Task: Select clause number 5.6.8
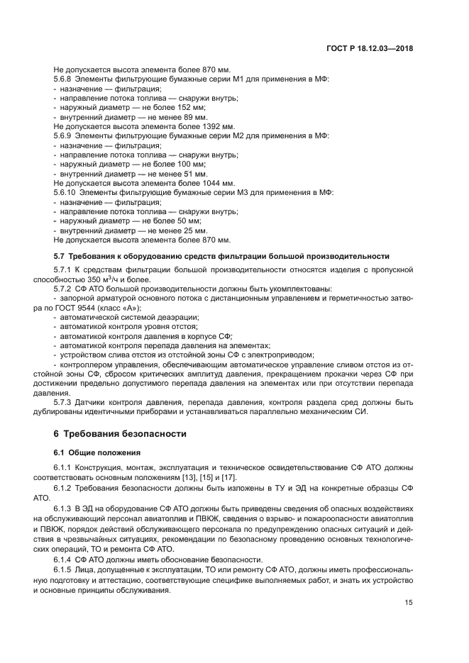(x=65, y=80)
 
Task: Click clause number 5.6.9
(x=65, y=135)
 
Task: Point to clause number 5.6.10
(x=67, y=191)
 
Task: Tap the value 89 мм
(x=195, y=117)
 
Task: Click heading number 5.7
(x=59, y=255)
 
